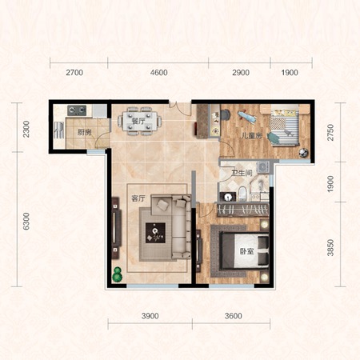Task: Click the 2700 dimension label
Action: coord(74,73)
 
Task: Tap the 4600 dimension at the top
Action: coord(158,73)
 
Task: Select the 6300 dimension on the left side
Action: coord(26,221)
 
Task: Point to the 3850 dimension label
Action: coord(330,248)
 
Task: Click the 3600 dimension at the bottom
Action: coord(234,316)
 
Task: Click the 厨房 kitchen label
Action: coord(84,132)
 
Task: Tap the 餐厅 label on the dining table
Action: coord(138,121)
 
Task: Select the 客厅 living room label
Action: coord(138,198)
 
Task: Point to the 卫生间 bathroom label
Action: coord(242,174)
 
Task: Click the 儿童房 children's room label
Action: coord(251,136)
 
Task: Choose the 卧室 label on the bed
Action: coord(246,251)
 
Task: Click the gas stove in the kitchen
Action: coord(77,110)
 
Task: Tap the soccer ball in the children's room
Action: coord(303,153)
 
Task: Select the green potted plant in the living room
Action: coord(117,274)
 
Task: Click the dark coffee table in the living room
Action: coord(155,233)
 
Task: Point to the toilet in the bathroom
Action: coord(242,194)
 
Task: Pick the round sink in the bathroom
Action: coord(227,197)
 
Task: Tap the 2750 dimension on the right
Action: coord(330,132)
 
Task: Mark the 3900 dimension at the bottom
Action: coord(150,316)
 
